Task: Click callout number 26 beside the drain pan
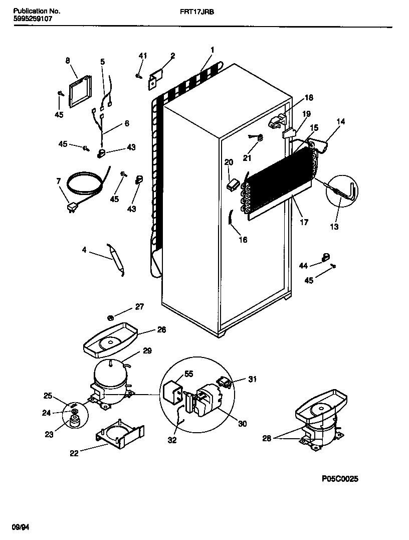tap(161, 330)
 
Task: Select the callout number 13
tap(334, 227)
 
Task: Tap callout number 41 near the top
tap(143, 56)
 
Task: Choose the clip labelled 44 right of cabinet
tap(325, 258)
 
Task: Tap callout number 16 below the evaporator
tap(243, 240)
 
